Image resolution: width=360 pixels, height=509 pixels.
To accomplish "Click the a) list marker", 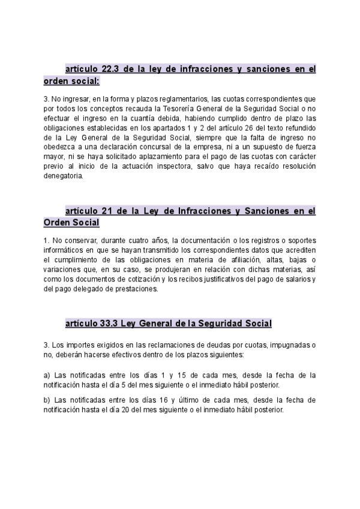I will (47, 376).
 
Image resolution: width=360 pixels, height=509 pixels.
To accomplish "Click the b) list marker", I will (47, 400).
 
